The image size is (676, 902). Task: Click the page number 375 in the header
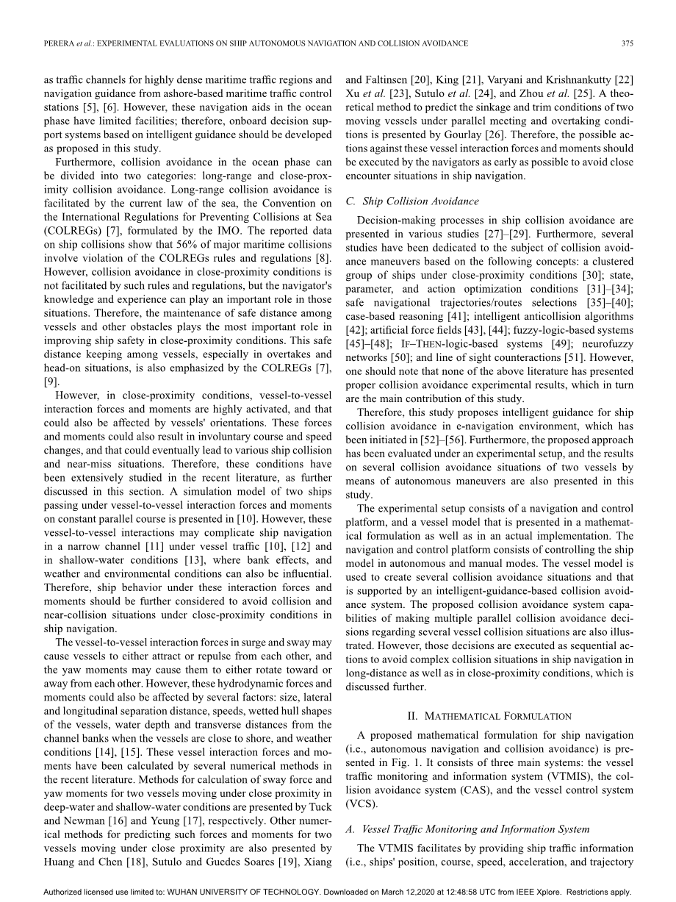tap(627, 43)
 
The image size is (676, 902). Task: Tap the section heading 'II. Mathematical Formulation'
tap(489, 715)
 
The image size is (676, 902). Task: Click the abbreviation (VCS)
tap(361, 804)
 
